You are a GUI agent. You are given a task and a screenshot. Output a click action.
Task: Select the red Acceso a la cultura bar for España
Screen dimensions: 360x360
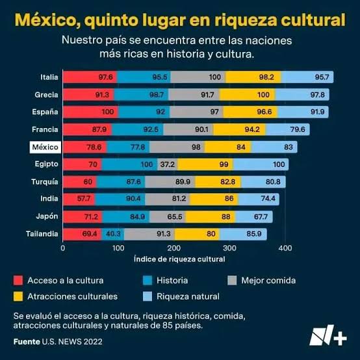click(x=90, y=112)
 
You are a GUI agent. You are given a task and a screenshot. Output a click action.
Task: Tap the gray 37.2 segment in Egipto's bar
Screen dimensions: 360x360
click(x=149, y=164)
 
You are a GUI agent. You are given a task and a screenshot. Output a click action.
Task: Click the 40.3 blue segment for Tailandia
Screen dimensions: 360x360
click(x=113, y=233)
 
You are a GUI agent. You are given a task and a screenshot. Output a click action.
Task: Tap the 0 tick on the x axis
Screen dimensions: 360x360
click(x=63, y=248)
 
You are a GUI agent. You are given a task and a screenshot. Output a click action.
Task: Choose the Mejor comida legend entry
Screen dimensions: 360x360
click(x=268, y=281)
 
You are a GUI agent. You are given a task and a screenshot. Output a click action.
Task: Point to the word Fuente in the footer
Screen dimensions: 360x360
click(x=26, y=341)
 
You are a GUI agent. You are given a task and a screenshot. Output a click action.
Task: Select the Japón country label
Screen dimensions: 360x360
click(x=47, y=216)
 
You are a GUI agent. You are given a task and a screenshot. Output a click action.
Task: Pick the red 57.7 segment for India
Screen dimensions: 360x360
click(x=84, y=199)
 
